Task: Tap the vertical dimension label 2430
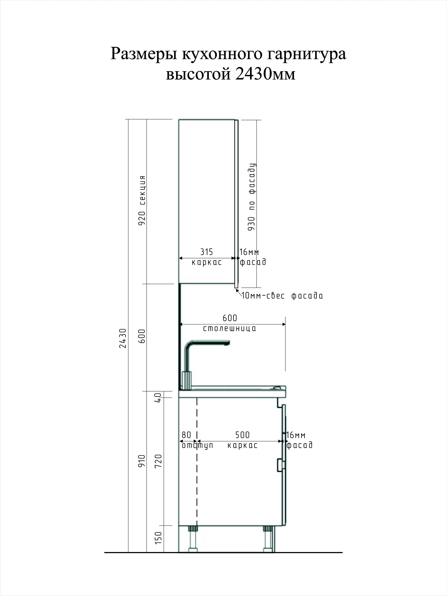(123, 338)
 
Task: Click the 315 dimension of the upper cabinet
(206, 252)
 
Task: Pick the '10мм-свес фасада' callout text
(282, 296)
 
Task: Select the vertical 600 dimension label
(142, 336)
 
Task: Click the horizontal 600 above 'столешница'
(230, 318)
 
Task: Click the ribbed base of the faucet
(187, 380)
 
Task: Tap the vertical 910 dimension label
(142, 461)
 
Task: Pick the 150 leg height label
(159, 538)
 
